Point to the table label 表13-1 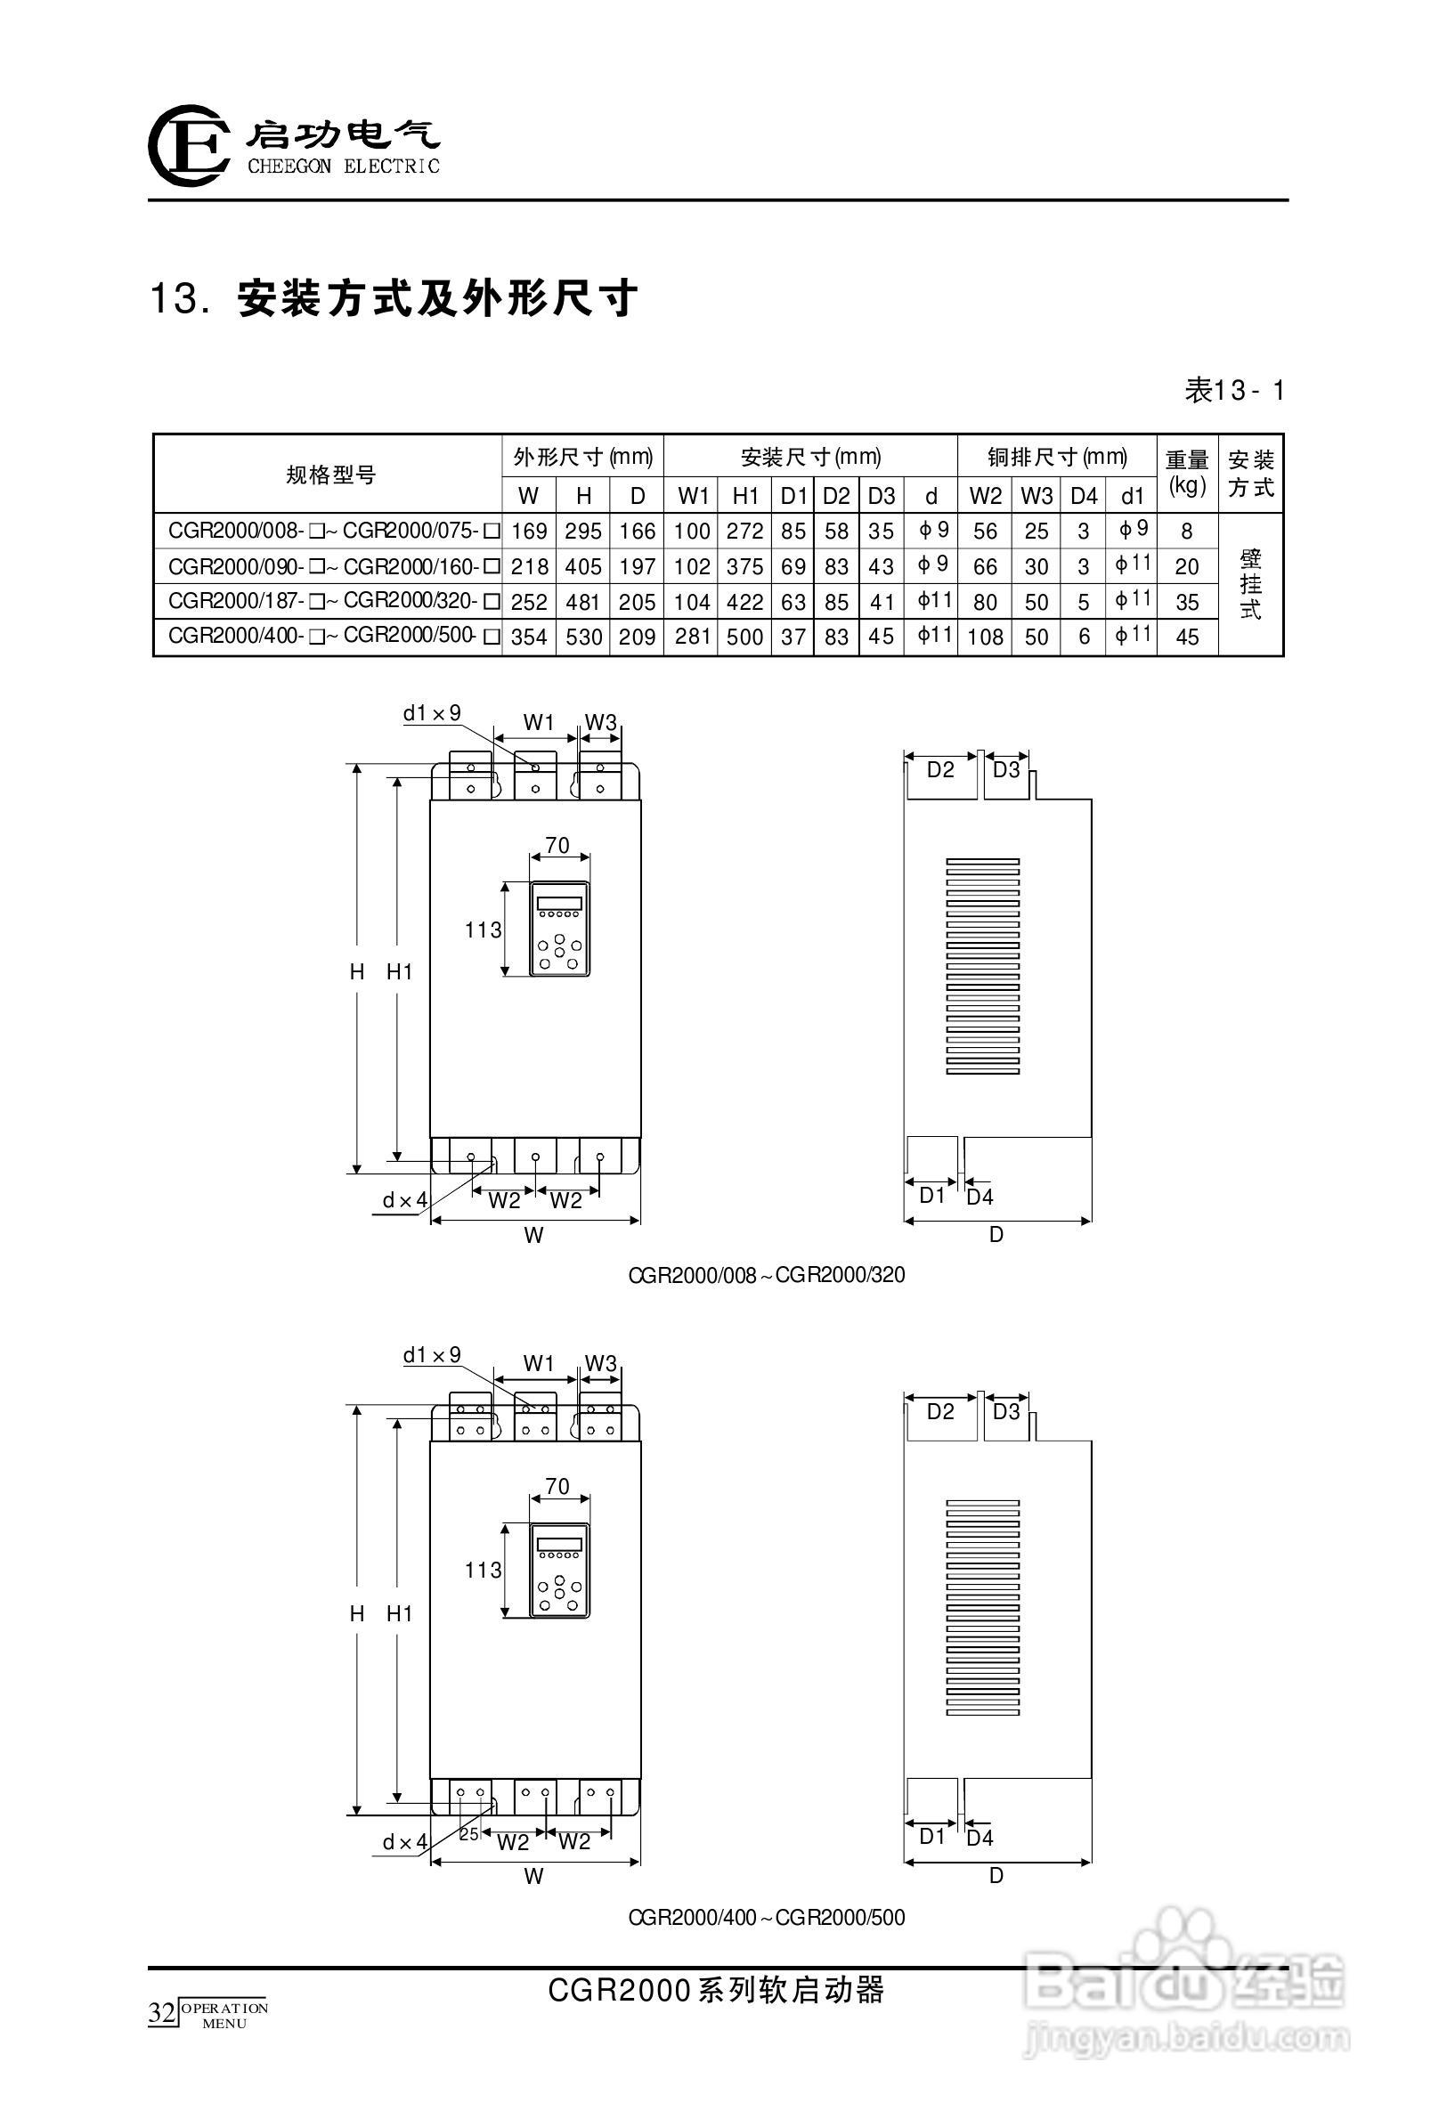click(1234, 391)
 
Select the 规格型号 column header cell click(330, 475)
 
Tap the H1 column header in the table click(745, 496)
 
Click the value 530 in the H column click(583, 637)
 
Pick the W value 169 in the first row click(528, 532)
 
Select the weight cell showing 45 click(1186, 637)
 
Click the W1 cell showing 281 click(692, 637)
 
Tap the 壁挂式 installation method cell click(1250, 583)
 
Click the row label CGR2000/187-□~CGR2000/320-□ click(334, 602)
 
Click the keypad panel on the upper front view click(559, 929)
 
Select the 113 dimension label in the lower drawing click(483, 1570)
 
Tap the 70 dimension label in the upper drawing click(557, 845)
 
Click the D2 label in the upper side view click(939, 769)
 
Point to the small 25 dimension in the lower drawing click(468, 1833)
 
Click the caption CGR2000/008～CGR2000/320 click(766, 1275)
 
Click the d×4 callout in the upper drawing click(404, 1200)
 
